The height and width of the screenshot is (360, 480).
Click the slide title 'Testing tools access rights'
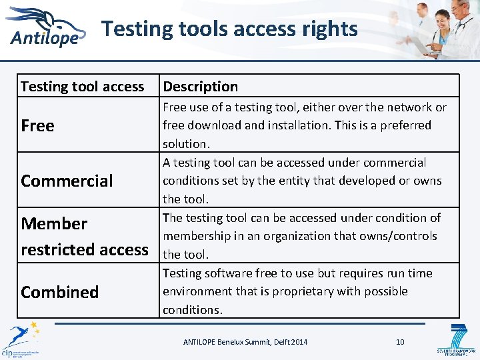point(229,29)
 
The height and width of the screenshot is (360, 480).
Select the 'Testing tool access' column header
point(82,86)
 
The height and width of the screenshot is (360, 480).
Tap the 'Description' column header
point(200,86)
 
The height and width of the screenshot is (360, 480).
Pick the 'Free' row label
point(38,125)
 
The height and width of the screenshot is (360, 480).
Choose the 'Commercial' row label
point(67,181)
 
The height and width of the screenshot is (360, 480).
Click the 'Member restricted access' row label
point(85,236)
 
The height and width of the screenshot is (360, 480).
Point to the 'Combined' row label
point(59,292)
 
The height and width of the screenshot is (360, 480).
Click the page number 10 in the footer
point(400,342)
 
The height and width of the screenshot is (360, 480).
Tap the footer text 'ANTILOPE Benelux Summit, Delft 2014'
point(245,342)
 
